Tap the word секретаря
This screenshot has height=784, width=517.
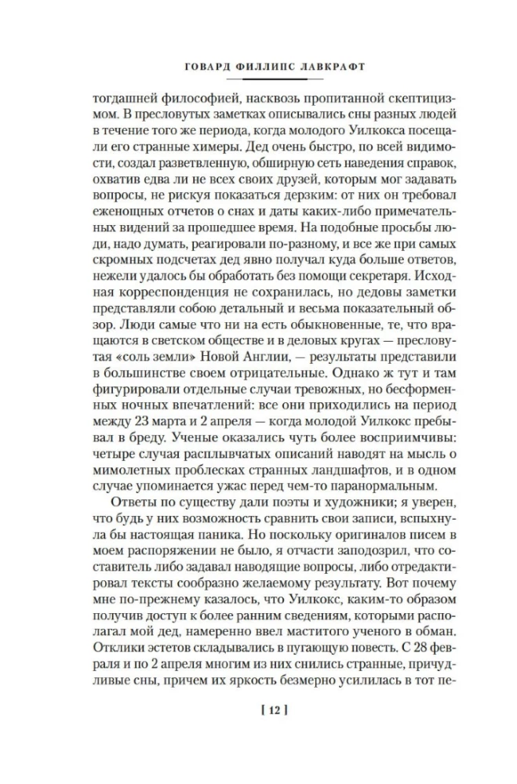pos(354,274)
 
